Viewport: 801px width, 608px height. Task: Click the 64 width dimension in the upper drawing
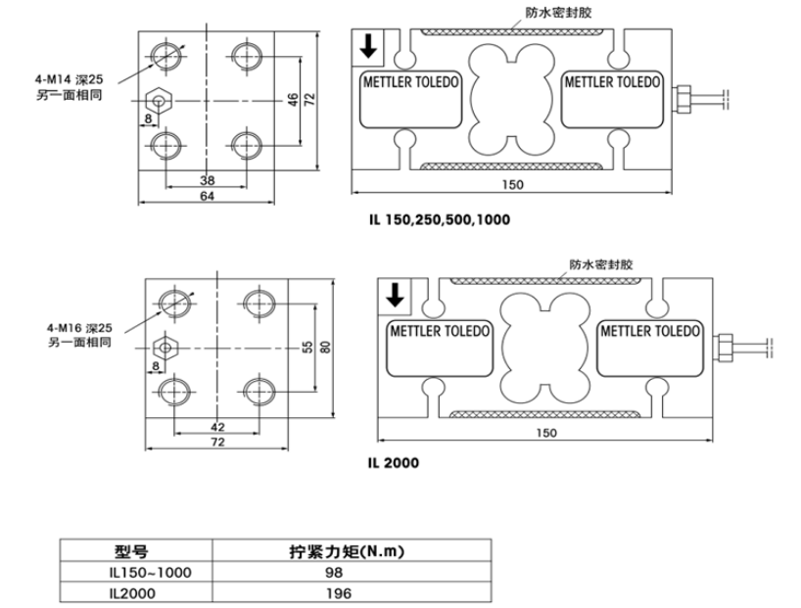click(x=207, y=197)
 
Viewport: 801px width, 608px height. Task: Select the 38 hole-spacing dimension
click(x=207, y=180)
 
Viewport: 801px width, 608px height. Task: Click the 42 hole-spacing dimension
click(x=217, y=427)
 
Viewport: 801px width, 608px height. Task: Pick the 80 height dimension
click(x=326, y=348)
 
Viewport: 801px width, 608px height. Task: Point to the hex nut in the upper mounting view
click(x=158, y=100)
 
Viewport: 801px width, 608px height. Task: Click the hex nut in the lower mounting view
click(x=165, y=347)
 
